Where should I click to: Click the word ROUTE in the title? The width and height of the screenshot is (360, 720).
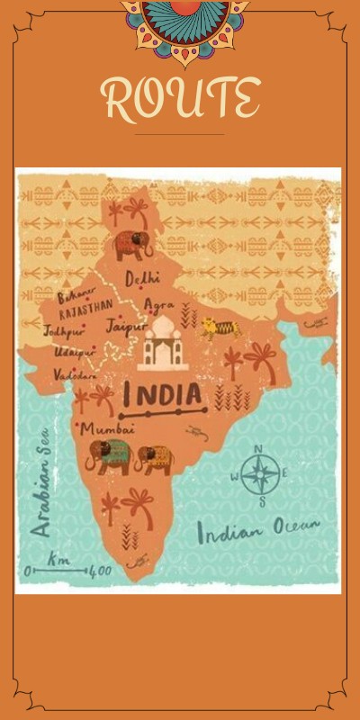pos(180,98)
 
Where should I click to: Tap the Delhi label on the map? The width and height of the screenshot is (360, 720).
pos(142,277)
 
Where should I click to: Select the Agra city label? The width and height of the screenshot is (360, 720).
pos(159,305)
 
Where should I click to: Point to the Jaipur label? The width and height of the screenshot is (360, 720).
pos(126,326)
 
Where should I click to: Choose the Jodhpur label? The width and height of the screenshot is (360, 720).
pos(62,330)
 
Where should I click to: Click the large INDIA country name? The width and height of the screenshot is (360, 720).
pos(162,394)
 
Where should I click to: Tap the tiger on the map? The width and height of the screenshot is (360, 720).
pos(219,328)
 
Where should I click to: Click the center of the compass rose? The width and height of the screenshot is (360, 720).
pos(259,474)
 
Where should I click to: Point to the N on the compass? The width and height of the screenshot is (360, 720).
pos(259,449)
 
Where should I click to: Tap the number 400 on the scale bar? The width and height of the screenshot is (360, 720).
pos(100,571)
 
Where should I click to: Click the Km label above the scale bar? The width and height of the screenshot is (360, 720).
pos(58,558)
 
